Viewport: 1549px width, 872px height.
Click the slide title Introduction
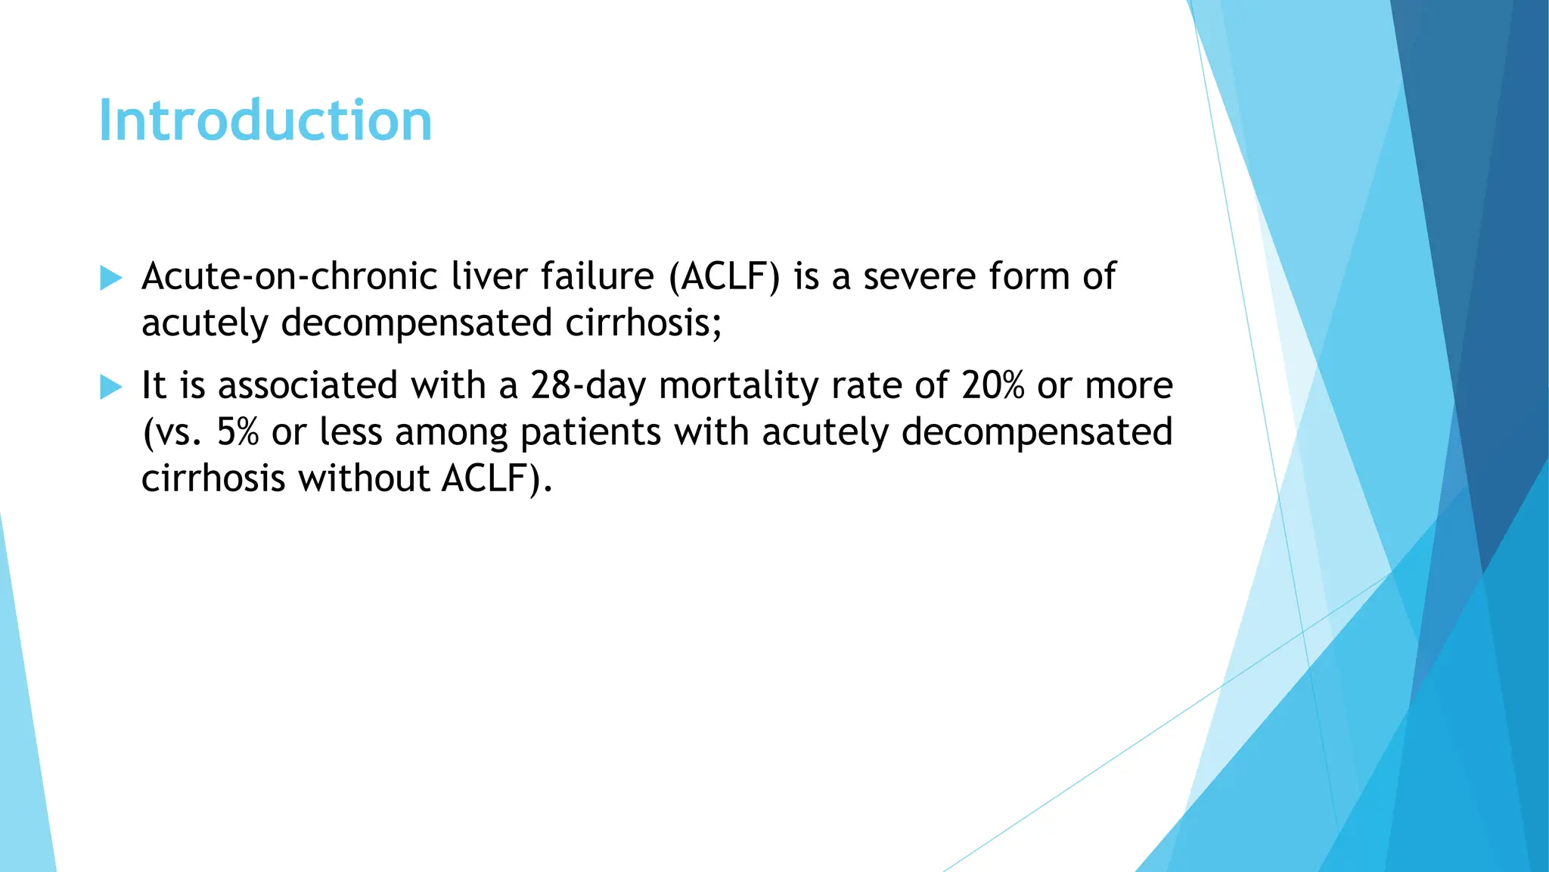265,121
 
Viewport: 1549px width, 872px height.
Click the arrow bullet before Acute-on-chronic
110,278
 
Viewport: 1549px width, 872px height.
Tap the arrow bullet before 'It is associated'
110,388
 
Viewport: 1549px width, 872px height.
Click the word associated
308,385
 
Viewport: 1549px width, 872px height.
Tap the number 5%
237,432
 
